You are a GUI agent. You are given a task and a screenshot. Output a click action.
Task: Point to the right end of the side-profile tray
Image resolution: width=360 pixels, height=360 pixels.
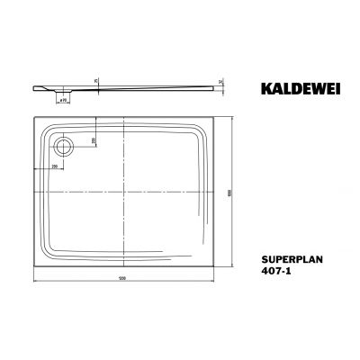220,86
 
